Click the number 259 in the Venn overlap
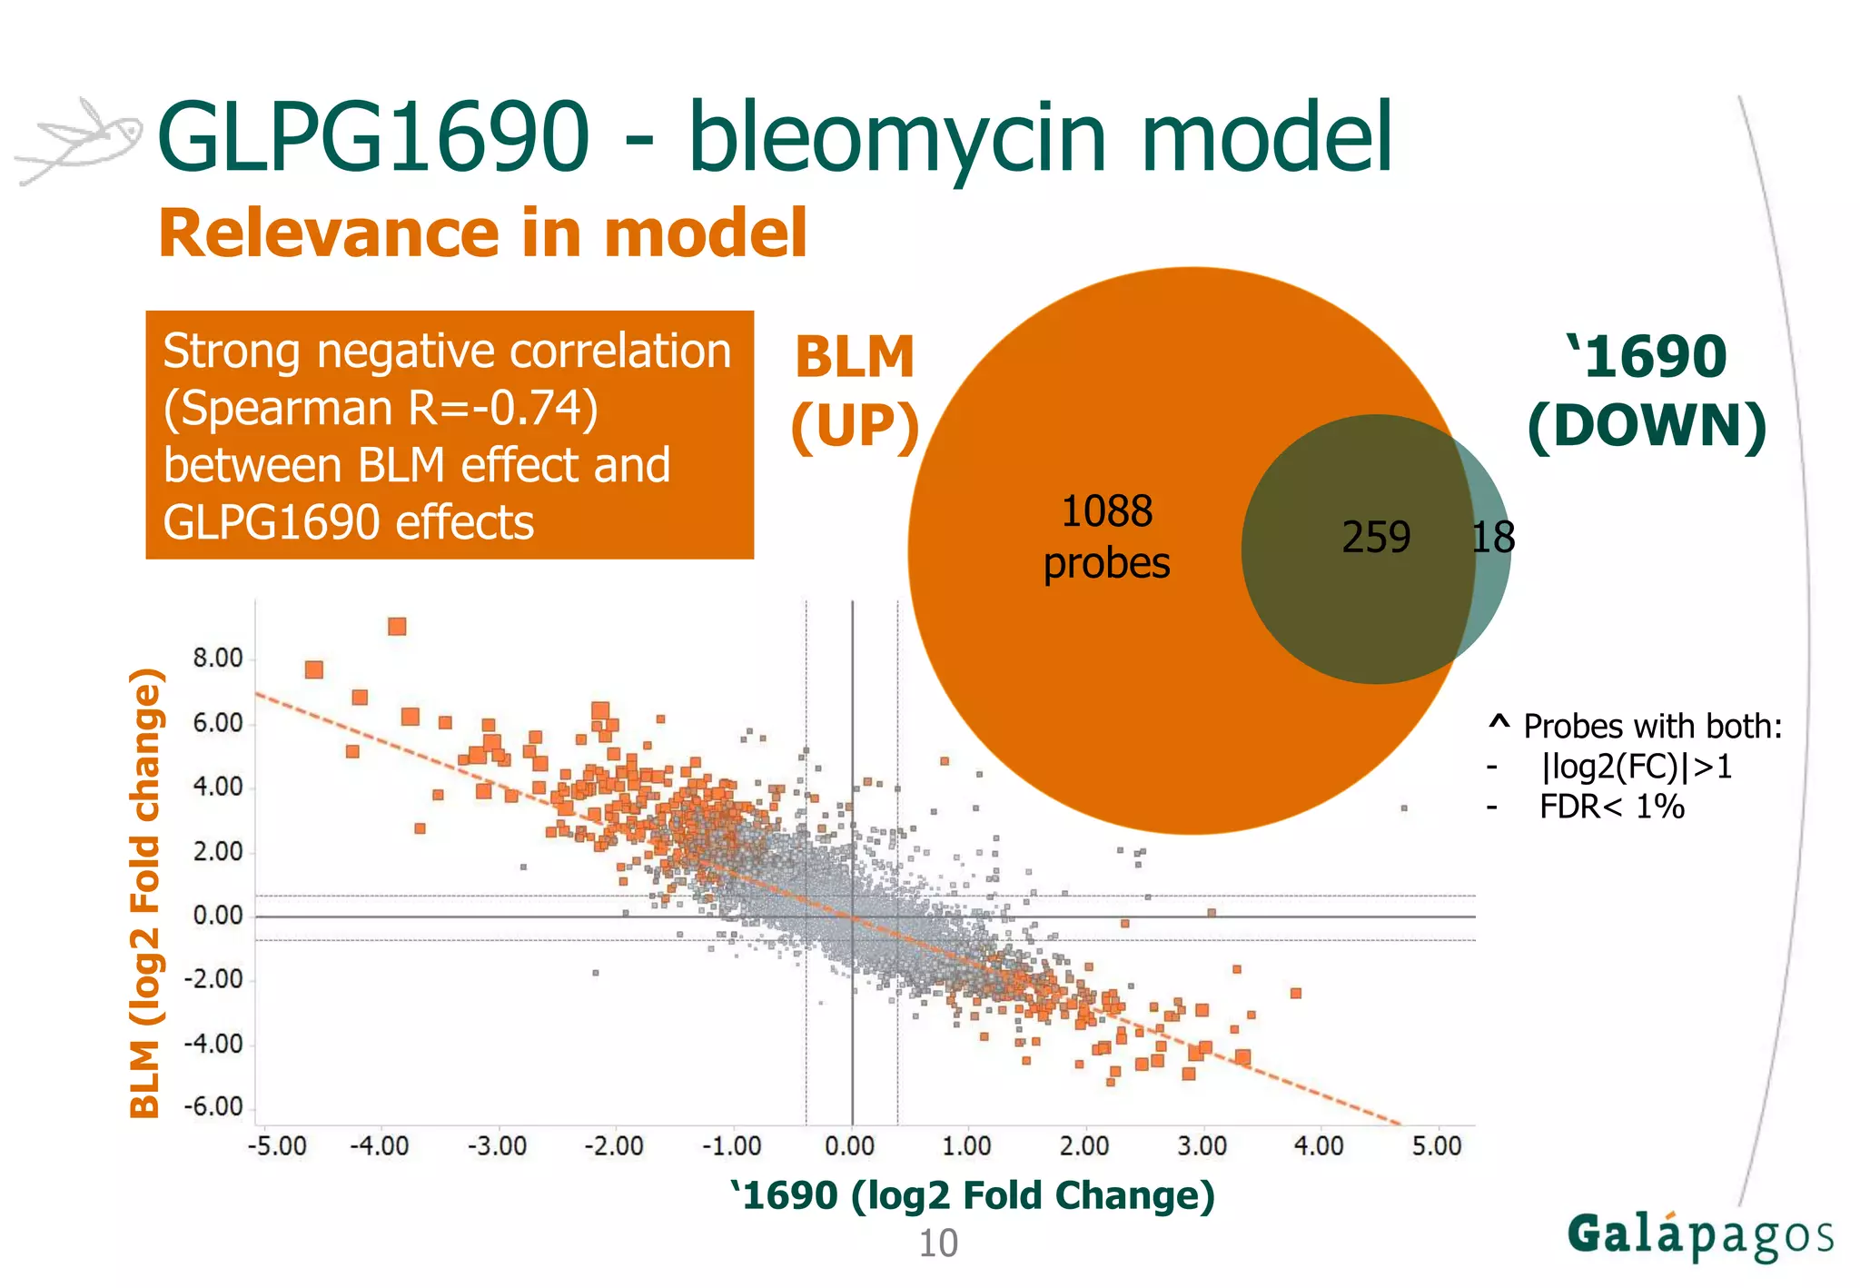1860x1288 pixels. (x=1376, y=537)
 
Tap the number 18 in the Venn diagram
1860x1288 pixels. (x=1493, y=537)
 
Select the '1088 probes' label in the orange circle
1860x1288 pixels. (x=1106, y=537)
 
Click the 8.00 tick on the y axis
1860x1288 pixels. (x=218, y=658)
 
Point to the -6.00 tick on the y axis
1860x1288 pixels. (x=214, y=1106)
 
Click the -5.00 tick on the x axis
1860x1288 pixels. (x=277, y=1145)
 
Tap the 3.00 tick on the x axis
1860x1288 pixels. (x=1202, y=1145)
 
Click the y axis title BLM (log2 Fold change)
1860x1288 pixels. (x=146, y=892)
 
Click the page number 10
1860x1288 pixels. (x=938, y=1243)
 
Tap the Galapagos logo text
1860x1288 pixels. (x=1699, y=1236)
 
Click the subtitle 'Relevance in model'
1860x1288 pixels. (x=482, y=233)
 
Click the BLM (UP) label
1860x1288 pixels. (x=854, y=391)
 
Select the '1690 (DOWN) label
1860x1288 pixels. (x=1647, y=391)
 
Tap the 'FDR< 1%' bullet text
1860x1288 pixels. (x=1611, y=807)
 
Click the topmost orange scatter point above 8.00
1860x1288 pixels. (x=397, y=627)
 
